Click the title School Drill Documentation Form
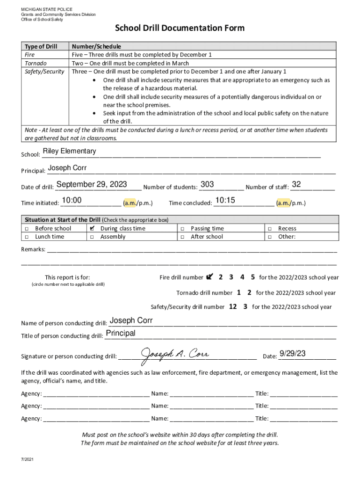pos(180,29)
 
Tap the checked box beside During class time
pos(93,228)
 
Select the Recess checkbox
pos(270,228)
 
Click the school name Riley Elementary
pos(69,151)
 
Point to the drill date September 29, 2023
pos(92,185)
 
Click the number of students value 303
pos(207,185)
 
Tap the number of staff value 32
pos(296,185)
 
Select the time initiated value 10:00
pos(72,201)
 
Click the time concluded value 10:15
pos(225,201)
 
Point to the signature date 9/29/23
pos(293,354)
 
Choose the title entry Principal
pos(121,333)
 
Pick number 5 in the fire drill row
pos(253,277)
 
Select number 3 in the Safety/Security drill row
pos(245,307)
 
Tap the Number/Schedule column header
pos(96,46)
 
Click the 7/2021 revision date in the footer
pos(27,459)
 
